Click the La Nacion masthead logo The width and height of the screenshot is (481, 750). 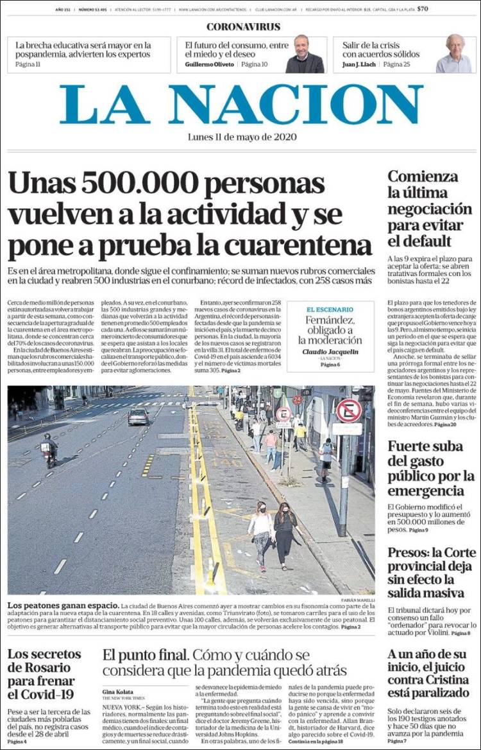241,104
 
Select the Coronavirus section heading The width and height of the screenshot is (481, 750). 243,27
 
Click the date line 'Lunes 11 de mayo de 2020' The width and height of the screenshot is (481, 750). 242,137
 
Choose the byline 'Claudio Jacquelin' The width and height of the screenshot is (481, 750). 330,352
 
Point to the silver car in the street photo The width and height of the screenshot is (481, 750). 138,417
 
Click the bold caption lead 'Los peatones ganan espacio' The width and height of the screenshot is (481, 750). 63,606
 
